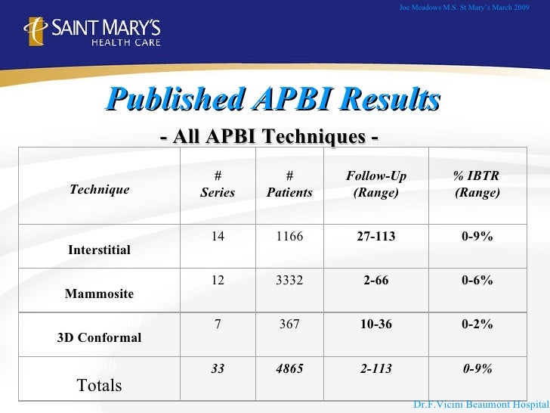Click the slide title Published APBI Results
(273, 99)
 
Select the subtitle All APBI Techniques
(270, 137)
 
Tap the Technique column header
(99, 189)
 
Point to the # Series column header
(218, 185)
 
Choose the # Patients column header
(289, 185)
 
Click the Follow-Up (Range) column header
(376, 185)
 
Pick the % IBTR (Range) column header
(477, 185)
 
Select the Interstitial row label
(99, 250)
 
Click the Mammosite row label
(100, 293)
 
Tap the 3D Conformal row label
(99, 337)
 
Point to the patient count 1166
(289, 237)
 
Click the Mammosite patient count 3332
(289, 281)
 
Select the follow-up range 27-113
(376, 237)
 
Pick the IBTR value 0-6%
(477, 281)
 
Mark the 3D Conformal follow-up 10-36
(376, 324)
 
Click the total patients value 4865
(289, 368)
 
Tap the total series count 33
(218, 368)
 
